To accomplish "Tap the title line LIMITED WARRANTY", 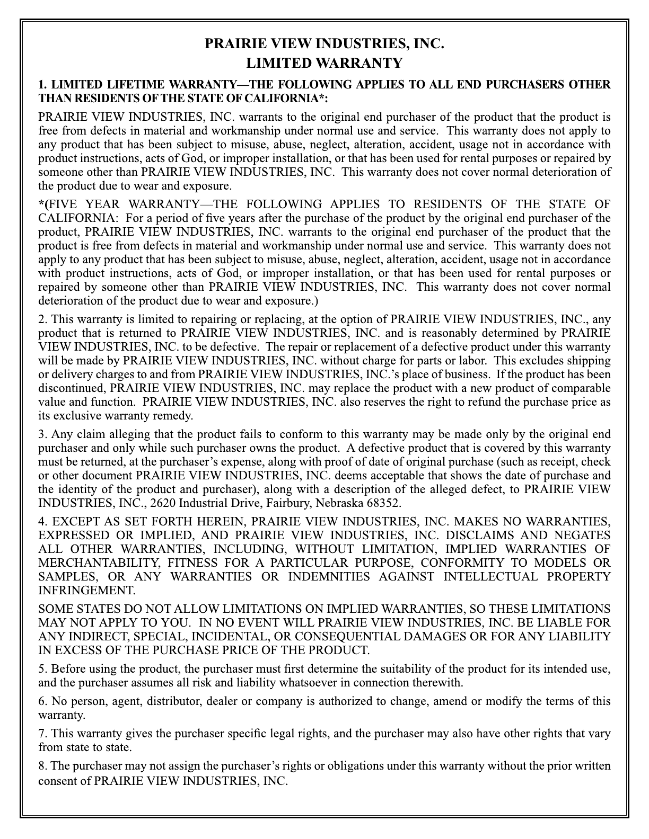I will click(324, 64).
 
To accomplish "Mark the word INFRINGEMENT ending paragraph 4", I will click(86, 590).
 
